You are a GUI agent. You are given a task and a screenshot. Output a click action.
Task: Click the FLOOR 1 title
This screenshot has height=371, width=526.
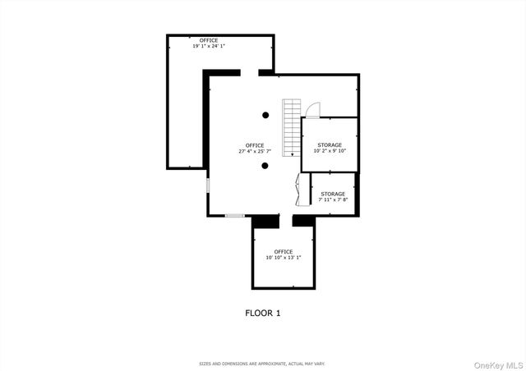[263, 313]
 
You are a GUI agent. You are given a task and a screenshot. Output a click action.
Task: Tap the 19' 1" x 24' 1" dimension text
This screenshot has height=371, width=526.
[209, 46]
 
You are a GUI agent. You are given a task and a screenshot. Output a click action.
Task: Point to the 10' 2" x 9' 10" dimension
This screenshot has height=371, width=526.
[330, 151]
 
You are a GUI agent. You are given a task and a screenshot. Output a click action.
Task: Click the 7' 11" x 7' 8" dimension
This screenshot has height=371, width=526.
[333, 199]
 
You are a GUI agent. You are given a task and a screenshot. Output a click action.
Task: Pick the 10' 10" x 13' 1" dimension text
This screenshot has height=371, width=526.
[284, 258]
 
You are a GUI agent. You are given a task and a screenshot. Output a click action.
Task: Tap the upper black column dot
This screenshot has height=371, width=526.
[265, 115]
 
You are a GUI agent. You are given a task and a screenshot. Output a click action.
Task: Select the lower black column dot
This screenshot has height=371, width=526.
[265, 166]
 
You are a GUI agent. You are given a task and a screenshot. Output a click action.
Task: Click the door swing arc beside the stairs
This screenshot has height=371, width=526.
[313, 111]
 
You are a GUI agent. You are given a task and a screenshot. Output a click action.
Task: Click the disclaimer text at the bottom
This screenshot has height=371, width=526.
[263, 363]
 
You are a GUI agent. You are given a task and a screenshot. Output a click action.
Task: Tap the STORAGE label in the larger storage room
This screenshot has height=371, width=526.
[330, 144]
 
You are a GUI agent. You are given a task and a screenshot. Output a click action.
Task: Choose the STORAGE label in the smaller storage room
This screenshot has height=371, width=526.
[333, 194]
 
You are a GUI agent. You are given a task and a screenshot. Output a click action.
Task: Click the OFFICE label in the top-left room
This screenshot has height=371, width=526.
[209, 39]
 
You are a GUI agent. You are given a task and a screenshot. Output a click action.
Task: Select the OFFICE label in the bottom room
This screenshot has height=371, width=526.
[284, 251]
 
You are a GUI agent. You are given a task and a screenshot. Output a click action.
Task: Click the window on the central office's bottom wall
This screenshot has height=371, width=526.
[234, 216]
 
